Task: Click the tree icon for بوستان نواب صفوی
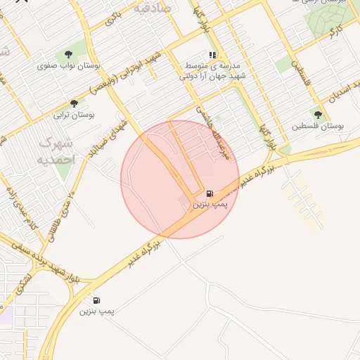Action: pos(68,53)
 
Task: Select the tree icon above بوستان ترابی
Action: pos(74,103)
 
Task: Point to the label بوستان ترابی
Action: pos(74,114)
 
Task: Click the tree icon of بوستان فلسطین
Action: pos(319,115)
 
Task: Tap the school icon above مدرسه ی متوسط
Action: pos(212,54)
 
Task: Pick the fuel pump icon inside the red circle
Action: pos(210,193)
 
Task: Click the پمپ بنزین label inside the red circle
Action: pos(211,204)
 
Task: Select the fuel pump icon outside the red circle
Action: pos(96,300)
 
